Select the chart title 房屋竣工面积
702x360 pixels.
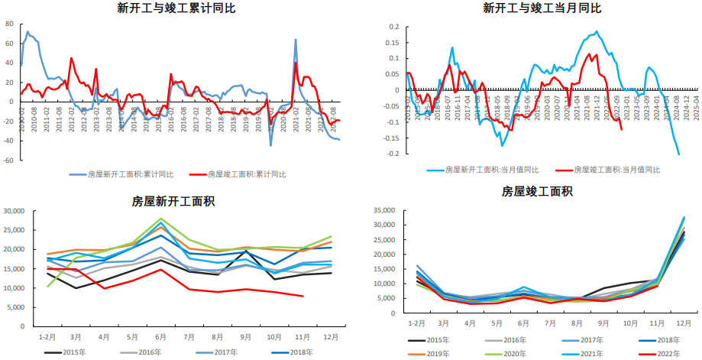tap(536, 191)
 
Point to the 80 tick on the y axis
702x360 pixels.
tap(9, 24)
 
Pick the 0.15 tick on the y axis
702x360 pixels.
tap(392, 42)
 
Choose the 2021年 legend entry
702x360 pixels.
tap(591, 354)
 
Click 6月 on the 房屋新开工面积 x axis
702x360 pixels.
tap(160, 336)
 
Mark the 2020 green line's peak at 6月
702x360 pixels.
tap(160, 219)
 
